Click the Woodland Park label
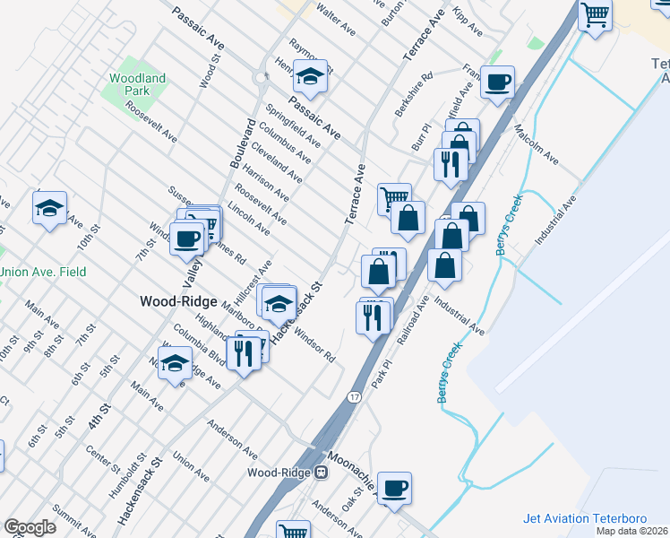coord(138,84)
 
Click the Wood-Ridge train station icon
coord(320,472)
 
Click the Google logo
coord(30,527)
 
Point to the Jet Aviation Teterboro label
coord(595,519)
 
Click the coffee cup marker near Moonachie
coord(394,489)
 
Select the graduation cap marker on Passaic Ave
coord(311,78)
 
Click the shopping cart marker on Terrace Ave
coord(394,195)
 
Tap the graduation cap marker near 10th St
coord(49,208)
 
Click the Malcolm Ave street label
coord(537,146)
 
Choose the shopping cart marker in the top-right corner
coord(595,15)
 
